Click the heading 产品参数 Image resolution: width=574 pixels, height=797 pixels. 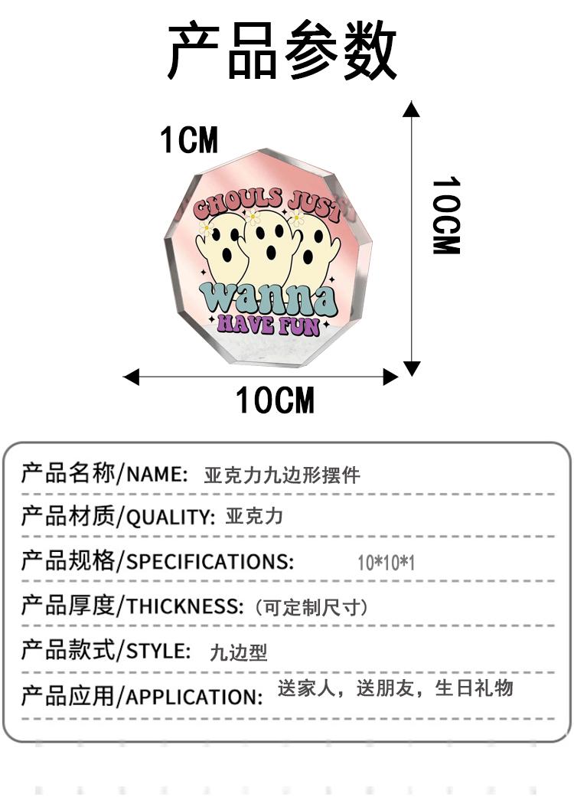pos(282,51)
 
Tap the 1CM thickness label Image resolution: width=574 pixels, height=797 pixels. pos(189,141)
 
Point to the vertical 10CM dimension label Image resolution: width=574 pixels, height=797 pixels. pos(446,216)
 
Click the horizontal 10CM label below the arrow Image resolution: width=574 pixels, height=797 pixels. pos(275,400)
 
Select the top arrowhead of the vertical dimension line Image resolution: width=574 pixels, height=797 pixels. pos(412,109)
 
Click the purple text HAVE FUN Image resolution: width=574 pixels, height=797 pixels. pos(268,324)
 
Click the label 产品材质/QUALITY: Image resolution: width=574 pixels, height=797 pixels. pos(118,517)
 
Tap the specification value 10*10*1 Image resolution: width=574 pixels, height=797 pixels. pos(386,563)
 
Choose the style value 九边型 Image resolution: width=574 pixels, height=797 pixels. pos(239,652)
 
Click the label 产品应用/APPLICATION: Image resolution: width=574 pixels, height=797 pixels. pos(142,697)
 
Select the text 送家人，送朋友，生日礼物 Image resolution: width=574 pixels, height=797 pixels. pos(395,688)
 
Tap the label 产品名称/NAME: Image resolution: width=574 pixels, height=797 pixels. pos(104,473)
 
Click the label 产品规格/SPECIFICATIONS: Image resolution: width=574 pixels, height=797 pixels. pos(157,561)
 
